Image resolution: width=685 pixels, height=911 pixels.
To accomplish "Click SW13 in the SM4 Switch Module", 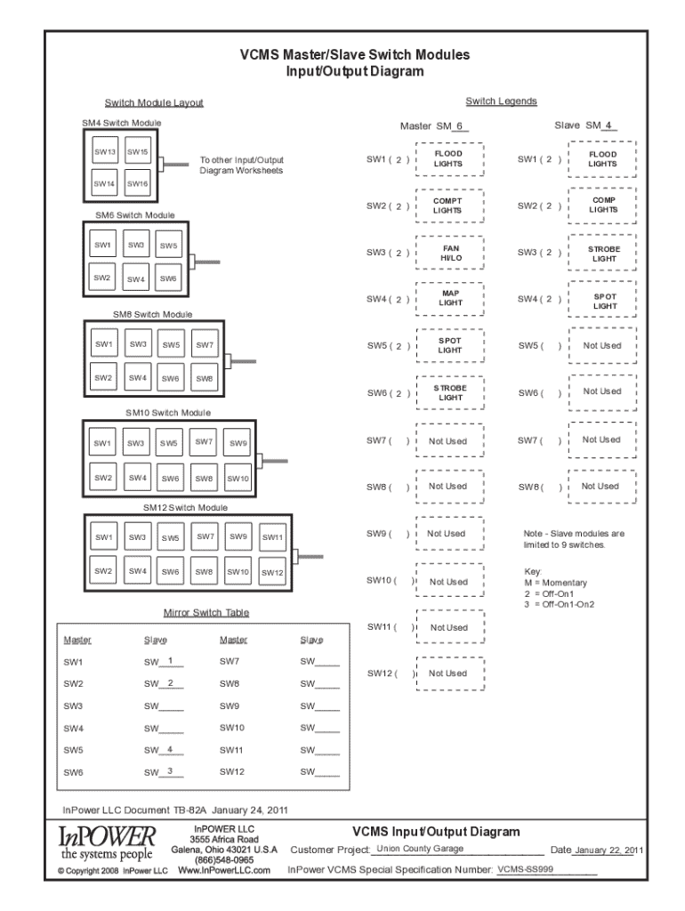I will pyautogui.click(x=105, y=153).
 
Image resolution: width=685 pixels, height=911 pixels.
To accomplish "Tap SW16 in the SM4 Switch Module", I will pyautogui.click(x=137, y=184).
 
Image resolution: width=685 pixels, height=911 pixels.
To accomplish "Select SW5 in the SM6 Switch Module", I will pyautogui.click(x=169, y=246).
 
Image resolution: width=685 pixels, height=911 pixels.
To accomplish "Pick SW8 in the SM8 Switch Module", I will pyautogui.click(x=205, y=378).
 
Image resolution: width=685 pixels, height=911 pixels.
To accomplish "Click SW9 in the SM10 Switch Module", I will pyautogui.click(x=238, y=443).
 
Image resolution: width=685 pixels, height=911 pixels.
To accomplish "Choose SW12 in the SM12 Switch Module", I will pyautogui.click(x=272, y=573).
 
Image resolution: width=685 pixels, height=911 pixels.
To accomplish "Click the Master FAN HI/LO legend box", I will pyautogui.click(x=451, y=253).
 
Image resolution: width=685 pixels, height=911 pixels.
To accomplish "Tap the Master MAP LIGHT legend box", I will pyautogui.click(x=451, y=299).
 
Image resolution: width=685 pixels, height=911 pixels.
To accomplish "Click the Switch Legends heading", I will pyautogui.click(x=501, y=101).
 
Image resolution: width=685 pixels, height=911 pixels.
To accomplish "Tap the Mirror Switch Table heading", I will pyautogui.click(x=205, y=613).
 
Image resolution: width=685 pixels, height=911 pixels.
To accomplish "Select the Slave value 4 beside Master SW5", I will pyautogui.click(x=169, y=748).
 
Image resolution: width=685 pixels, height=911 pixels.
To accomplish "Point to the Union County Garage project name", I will pyautogui.click(x=420, y=849).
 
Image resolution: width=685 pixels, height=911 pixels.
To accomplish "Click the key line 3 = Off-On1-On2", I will pyautogui.click(x=559, y=604).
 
